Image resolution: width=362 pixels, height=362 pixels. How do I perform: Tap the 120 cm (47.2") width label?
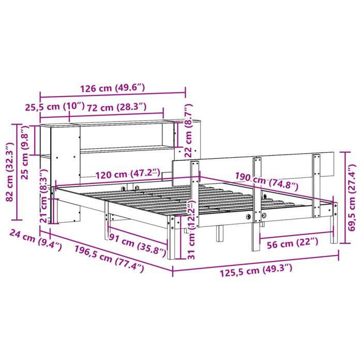tap(127, 175)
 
